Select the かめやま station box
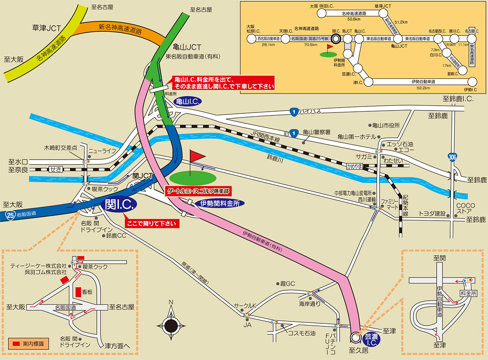(x=354, y=166)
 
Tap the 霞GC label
(x=288, y=283)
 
